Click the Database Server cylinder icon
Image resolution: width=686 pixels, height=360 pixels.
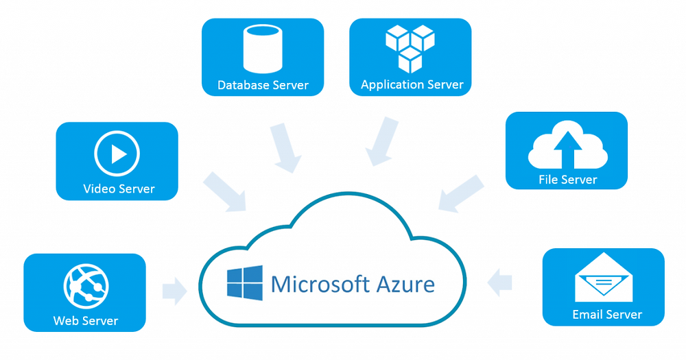(262, 50)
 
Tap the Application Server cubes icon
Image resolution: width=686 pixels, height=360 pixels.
(410, 48)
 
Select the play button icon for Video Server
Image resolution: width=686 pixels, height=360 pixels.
(117, 154)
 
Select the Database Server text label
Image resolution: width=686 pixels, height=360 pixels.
(263, 86)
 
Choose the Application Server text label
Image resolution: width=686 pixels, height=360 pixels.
(412, 85)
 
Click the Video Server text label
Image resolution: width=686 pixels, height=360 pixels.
(119, 189)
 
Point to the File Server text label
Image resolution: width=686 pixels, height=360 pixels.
(567, 180)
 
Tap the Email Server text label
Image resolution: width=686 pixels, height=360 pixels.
(606, 315)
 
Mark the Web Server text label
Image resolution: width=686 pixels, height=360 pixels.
(86, 320)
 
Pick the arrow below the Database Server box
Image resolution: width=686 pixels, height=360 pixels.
(285, 147)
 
